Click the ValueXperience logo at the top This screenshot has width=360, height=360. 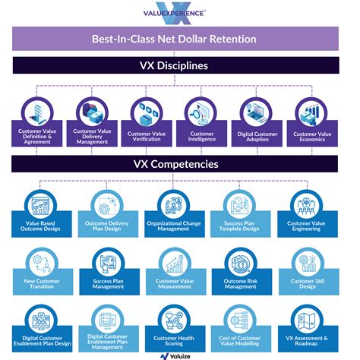click(180, 14)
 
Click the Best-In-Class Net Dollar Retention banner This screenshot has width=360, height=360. click(180, 39)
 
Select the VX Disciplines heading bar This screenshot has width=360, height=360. click(180, 66)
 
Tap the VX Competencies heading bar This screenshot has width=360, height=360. click(180, 164)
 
